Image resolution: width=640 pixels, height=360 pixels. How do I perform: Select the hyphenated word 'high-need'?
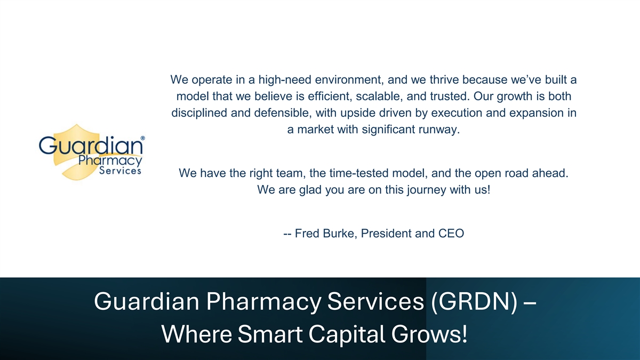285,79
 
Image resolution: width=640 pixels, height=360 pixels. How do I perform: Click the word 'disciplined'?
199,113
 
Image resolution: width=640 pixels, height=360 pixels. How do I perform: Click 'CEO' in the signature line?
451,234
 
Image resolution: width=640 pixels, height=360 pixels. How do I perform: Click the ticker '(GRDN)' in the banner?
474,302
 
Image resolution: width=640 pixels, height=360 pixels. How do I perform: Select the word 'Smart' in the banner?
270,334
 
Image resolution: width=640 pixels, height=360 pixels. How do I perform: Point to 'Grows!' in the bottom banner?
429,334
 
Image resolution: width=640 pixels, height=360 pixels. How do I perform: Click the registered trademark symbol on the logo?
143,138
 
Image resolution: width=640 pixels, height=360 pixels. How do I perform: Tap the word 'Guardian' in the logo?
91,145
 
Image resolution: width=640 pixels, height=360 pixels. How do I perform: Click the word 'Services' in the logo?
121,171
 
